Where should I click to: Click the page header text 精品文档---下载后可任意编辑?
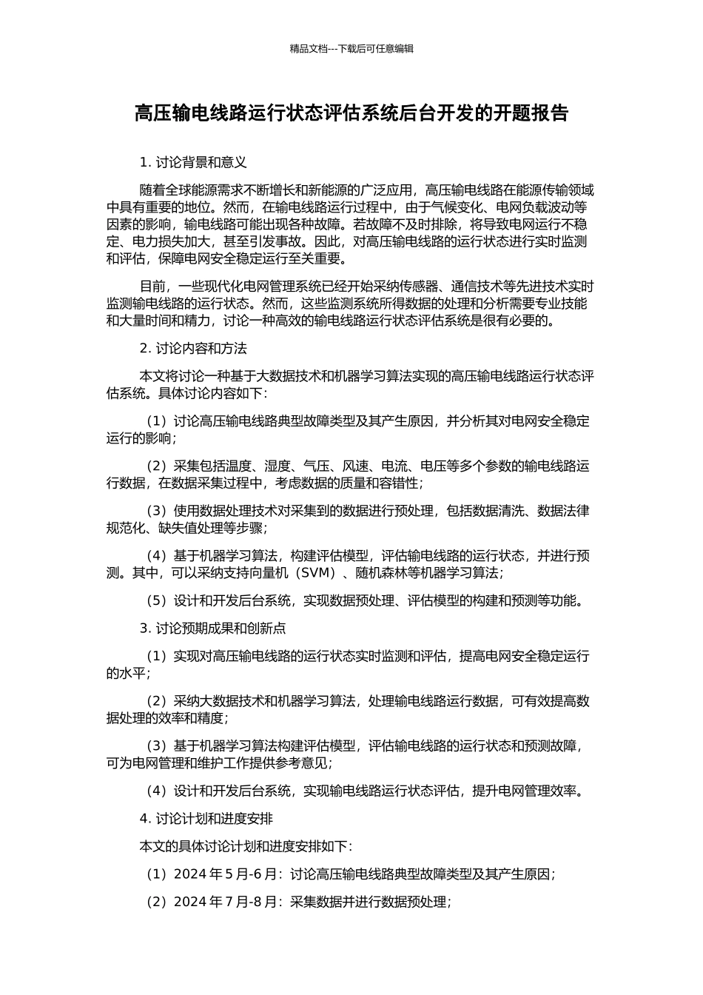point(351,49)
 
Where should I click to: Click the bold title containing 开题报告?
point(351,113)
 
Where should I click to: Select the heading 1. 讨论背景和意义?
point(193,162)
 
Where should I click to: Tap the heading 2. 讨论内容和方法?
point(193,348)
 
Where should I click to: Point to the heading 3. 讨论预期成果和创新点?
point(212,629)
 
